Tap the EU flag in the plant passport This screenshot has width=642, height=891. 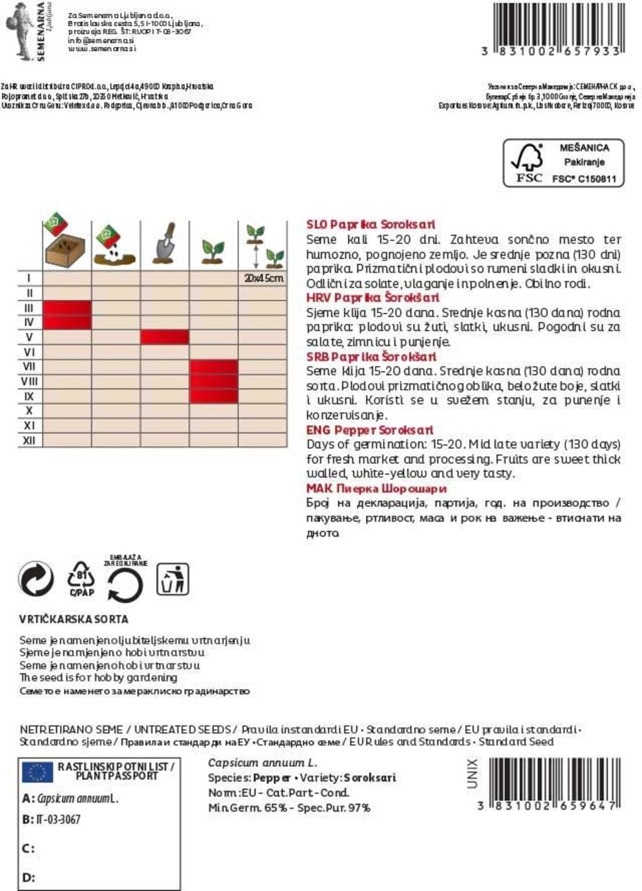[x=37, y=772]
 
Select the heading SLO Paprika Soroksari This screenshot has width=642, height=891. [x=370, y=224]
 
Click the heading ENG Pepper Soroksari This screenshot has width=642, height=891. [x=369, y=430]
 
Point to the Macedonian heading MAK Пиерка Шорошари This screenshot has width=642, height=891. [x=376, y=488]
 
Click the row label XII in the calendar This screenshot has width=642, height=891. [x=29, y=440]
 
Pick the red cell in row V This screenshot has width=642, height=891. [x=164, y=337]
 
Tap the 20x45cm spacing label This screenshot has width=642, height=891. [x=263, y=278]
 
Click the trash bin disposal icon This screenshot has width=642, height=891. [x=172, y=579]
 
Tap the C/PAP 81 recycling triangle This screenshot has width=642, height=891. [x=82, y=578]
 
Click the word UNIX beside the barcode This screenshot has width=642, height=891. [x=473, y=773]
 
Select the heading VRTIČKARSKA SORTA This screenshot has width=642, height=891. [x=73, y=619]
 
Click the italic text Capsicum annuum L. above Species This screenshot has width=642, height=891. [x=262, y=762]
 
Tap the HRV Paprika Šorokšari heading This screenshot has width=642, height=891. [x=372, y=297]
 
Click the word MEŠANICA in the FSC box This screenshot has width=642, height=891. [x=584, y=147]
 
